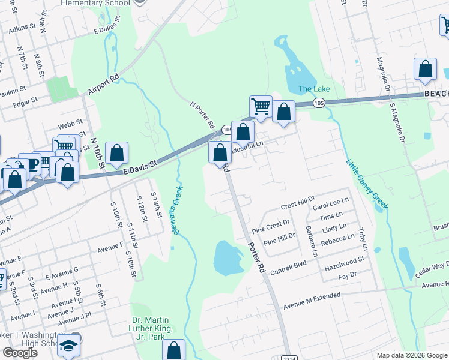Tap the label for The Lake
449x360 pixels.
pos(314,89)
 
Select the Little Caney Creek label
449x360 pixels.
pos(367,184)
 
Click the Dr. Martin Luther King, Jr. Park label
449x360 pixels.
pos(151,325)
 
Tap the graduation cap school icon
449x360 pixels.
pos(70,346)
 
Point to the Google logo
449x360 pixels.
pos(20,352)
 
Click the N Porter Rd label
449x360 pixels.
pos(202,115)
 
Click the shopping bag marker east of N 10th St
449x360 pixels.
pos(117,153)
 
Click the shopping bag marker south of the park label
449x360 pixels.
pos(174,349)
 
